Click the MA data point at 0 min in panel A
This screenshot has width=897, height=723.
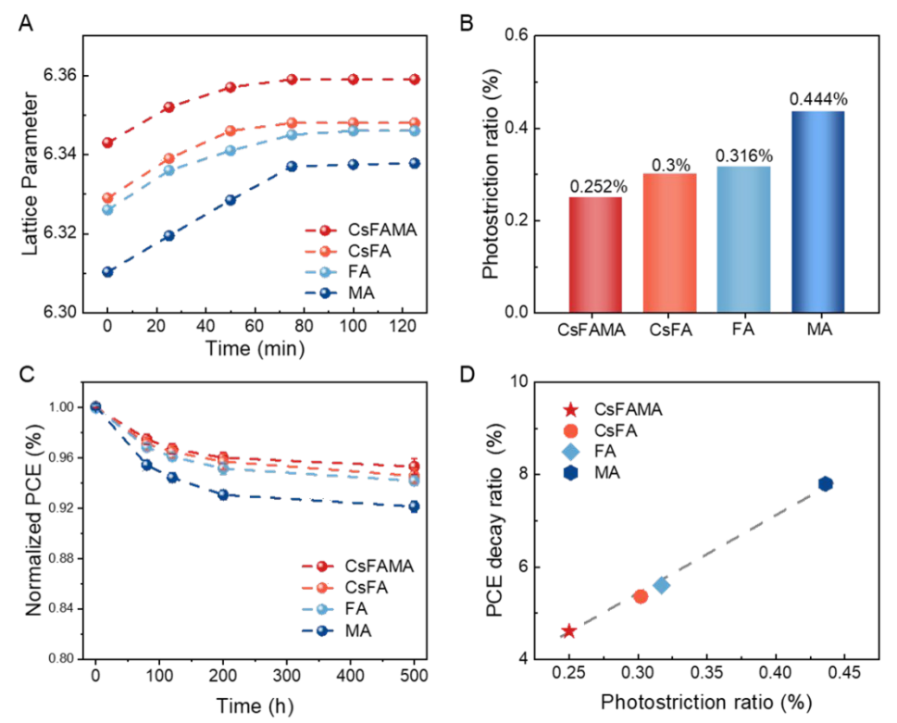(x=107, y=272)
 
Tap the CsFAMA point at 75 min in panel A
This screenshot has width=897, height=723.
(x=292, y=80)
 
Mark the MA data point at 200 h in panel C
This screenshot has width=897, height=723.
(x=223, y=495)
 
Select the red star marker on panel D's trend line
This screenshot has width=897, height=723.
(x=569, y=631)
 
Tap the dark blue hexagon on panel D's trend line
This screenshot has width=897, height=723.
(x=826, y=484)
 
